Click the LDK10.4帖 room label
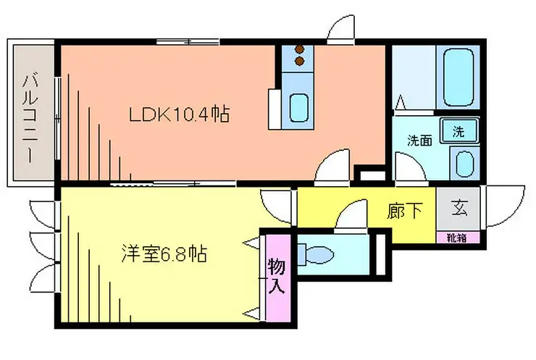(179, 114)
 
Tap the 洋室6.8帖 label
(164, 254)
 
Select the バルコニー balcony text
(30, 119)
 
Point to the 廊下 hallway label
(405, 211)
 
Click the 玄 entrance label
(459, 208)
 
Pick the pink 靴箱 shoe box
(457, 238)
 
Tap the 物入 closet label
(277, 276)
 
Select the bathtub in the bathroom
(458, 78)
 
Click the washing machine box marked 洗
(458, 130)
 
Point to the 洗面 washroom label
(419, 141)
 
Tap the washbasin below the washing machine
(464, 164)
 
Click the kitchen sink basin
(298, 108)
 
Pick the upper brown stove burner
(300, 49)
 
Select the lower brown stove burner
(300, 62)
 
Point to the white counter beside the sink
(275, 109)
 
